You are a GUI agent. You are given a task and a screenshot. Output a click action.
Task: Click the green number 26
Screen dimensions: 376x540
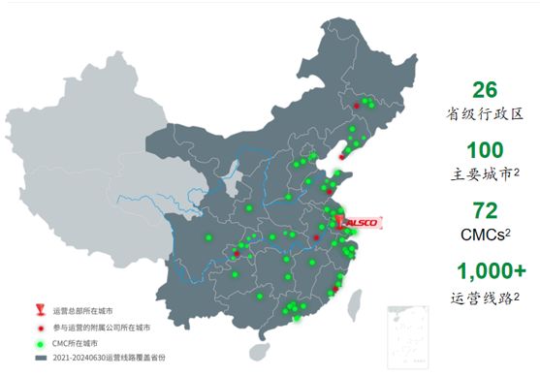484,90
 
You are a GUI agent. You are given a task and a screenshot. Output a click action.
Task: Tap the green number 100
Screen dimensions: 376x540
484,151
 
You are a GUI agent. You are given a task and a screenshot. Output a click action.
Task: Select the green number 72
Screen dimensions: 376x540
484,211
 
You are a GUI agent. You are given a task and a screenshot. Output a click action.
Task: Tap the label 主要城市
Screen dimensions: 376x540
481,176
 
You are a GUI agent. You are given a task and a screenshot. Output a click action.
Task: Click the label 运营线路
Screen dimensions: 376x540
481,298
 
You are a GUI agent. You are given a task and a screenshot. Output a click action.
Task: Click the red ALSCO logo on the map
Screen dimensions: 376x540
362,222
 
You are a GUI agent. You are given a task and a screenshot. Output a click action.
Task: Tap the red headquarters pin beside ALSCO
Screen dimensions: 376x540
340,222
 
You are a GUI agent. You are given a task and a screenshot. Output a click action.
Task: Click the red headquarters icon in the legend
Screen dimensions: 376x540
41,311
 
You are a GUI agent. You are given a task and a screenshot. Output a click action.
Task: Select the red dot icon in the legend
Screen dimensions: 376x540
41,328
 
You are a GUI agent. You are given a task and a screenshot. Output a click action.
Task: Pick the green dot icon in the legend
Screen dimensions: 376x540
41,343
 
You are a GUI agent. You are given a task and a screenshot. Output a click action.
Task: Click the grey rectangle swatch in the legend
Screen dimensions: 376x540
41,359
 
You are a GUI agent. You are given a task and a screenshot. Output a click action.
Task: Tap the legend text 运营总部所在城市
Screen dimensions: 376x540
86,311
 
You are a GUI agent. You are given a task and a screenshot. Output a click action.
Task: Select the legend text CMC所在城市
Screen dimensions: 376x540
78,343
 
